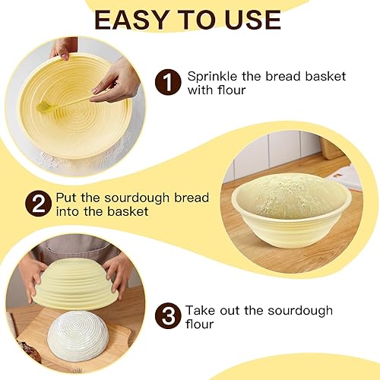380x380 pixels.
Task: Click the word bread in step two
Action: pos(189,198)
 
